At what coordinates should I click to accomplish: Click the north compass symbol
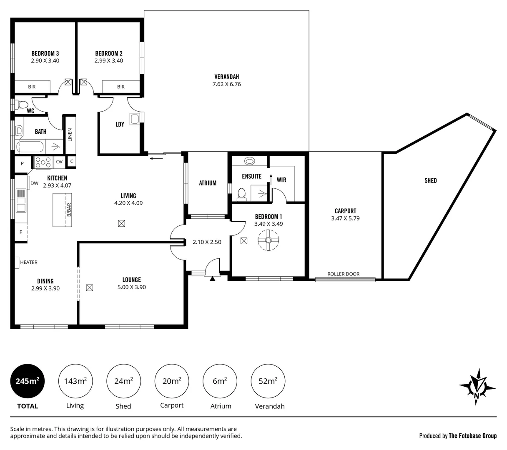(x=477, y=386)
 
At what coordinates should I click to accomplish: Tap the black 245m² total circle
(x=28, y=381)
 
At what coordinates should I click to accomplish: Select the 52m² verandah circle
(x=268, y=381)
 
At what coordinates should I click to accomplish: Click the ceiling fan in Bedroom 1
(x=268, y=240)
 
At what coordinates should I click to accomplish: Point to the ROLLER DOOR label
(x=343, y=274)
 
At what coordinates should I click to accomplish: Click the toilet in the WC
(x=22, y=105)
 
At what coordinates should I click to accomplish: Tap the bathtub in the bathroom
(x=30, y=147)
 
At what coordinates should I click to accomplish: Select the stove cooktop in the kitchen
(x=43, y=162)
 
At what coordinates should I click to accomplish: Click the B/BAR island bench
(x=62, y=210)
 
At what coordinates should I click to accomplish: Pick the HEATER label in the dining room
(x=29, y=262)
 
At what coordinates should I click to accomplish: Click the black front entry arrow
(x=212, y=279)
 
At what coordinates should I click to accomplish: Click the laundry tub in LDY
(x=134, y=119)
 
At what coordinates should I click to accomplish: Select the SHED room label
(x=431, y=180)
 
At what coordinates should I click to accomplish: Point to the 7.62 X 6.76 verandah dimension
(x=226, y=84)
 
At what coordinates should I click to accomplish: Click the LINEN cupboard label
(x=70, y=135)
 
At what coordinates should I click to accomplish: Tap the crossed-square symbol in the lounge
(x=89, y=287)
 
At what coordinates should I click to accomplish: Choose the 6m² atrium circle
(x=220, y=381)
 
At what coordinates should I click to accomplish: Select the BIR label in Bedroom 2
(x=120, y=87)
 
